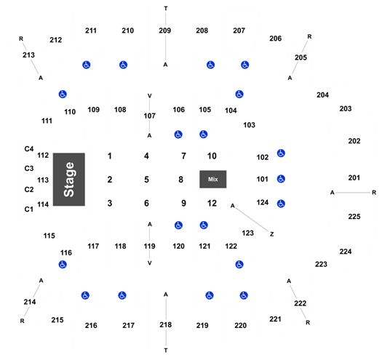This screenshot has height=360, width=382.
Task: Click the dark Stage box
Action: pos(69,180)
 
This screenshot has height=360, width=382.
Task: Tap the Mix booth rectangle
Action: pos(213,179)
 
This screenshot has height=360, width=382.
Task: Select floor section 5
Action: pos(146,180)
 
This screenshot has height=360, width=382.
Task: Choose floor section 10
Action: pos(212,156)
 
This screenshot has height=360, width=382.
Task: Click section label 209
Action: pos(165,31)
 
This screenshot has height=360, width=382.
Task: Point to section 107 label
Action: pos(150,116)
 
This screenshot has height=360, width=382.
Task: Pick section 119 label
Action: pos(150,247)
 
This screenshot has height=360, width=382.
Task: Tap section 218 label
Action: pos(166,324)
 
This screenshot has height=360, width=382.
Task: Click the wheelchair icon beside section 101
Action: pos(281,179)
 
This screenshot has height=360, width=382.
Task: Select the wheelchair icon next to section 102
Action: pos(281,153)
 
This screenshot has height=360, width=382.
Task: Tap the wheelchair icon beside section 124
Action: pos(281,204)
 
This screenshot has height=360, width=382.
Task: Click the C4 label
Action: pos(29,149)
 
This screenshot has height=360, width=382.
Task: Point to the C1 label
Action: pos(29,209)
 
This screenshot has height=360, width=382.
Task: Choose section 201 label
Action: pos(354,177)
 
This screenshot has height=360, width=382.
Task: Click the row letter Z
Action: pos(272,234)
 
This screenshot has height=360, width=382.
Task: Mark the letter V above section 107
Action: pos(150,96)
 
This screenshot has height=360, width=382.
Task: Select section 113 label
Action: pos(43,180)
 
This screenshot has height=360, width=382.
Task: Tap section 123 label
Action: pos(248,233)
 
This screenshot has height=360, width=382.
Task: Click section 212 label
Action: pos(56,40)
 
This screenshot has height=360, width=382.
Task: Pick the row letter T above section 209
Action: pos(166,9)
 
